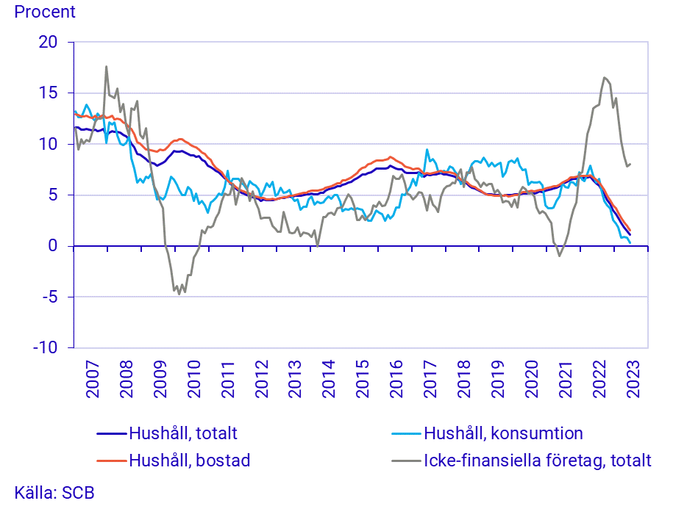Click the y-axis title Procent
point(45,12)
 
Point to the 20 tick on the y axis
point(48,42)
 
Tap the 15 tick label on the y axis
point(48,93)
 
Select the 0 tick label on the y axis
point(52,246)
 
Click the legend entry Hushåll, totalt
point(182,433)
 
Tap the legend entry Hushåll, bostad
point(189,461)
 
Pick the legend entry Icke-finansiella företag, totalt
point(537,461)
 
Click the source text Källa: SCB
point(54,492)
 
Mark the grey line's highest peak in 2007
point(106,66)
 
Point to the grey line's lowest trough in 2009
point(179,294)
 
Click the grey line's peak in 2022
point(604,77)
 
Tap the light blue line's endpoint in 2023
point(630,242)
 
